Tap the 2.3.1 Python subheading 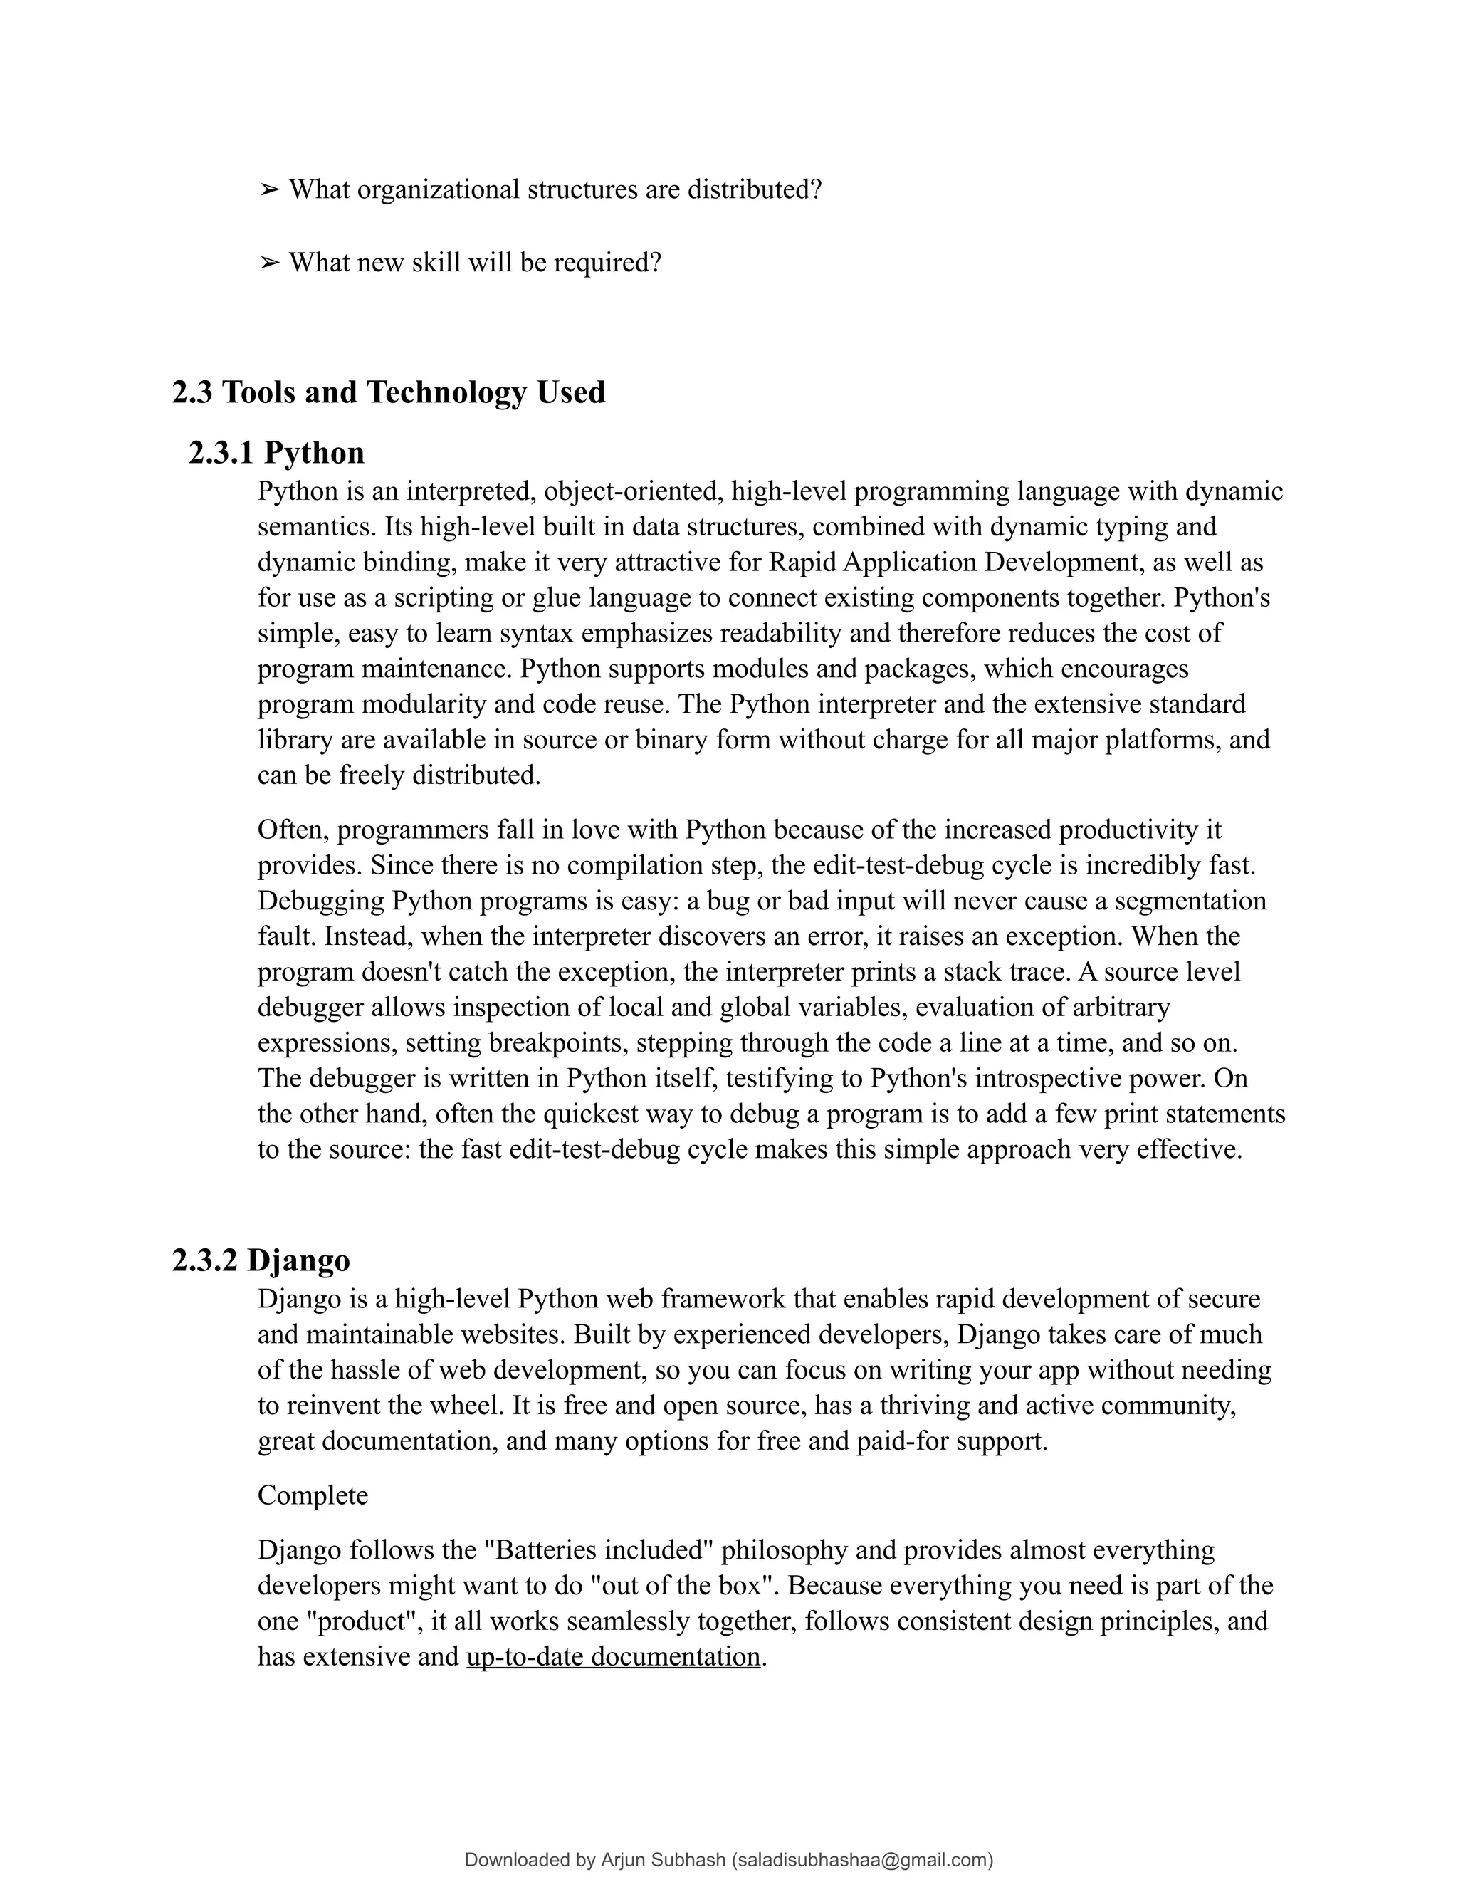pos(276,453)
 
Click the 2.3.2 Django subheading pos(261,1260)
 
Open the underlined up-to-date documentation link pos(613,1656)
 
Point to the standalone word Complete pos(313,1495)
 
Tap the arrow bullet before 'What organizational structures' pos(270,189)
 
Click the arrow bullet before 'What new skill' pos(270,262)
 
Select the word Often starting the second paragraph pos(293,830)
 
